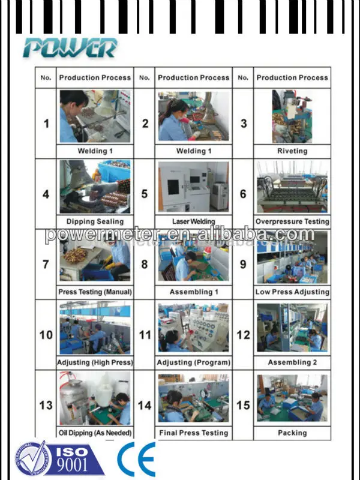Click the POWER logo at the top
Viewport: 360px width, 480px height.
(x=70, y=48)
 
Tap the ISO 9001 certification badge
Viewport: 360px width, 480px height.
(x=60, y=459)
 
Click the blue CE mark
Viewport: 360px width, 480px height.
(x=136, y=458)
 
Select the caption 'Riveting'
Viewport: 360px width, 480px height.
(x=292, y=151)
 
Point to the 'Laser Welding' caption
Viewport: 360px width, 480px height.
(x=193, y=221)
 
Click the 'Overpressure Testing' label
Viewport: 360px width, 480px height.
(x=292, y=221)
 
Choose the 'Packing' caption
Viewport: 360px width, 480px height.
(x=292, y=433)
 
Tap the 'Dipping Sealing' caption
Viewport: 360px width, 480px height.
(x=95, y=221)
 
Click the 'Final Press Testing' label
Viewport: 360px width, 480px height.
(x=194, y=433)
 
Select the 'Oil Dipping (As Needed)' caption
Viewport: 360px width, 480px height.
(x=95, y=433)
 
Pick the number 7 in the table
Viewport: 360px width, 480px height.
(x=46, y=264)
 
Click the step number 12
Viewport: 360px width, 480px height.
(x=243, y=335)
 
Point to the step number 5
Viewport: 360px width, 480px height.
(x=145, y=194)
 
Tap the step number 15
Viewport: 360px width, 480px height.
(x=243, y=406)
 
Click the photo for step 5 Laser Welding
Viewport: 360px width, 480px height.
(x=193, y=187)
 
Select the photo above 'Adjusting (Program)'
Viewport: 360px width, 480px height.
(x=193, y=328)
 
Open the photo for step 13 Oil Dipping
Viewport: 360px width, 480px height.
(x=95, y=398)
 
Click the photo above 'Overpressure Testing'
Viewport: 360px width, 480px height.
(x=292, y=187)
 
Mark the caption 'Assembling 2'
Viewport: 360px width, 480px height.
(x=292, y=362)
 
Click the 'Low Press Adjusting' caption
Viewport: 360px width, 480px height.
(x=292, y=292)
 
